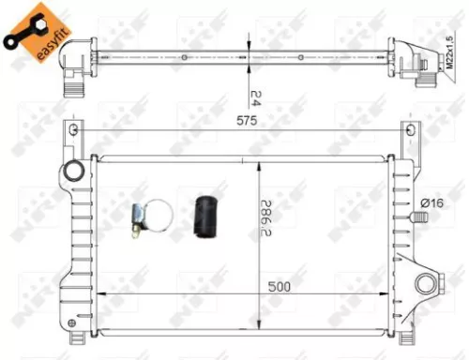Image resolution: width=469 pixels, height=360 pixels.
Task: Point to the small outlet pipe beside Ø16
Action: pyautogui.click(x=419, y=218)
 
